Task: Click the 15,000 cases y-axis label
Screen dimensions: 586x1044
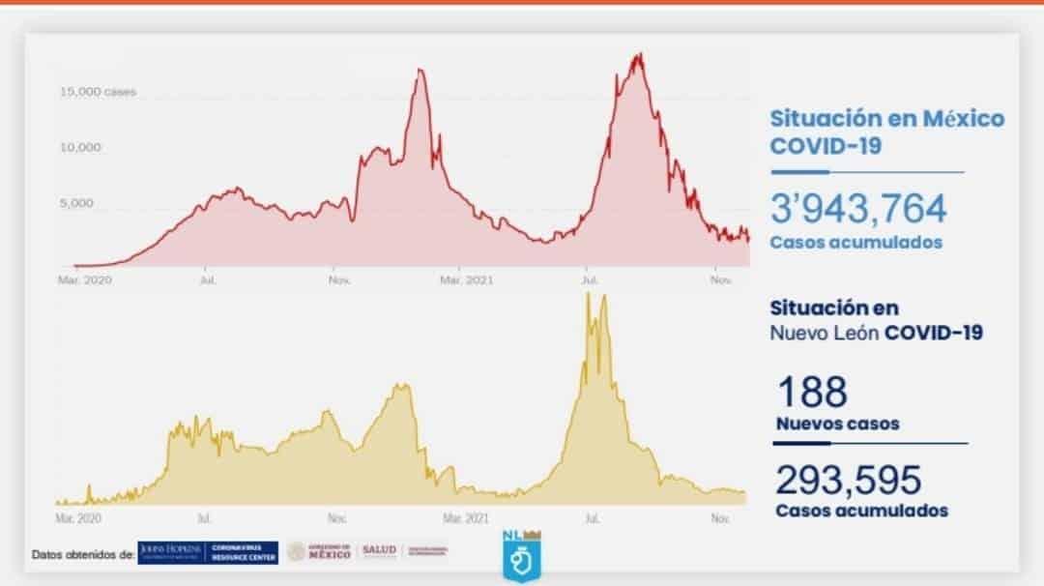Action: [98, 92]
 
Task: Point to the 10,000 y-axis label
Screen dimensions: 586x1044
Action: [81, 148]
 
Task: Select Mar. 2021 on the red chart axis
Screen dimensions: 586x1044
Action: [467, 280]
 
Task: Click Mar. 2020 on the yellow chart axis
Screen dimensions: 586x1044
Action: [78, 518]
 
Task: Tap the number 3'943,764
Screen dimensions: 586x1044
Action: [858, 209]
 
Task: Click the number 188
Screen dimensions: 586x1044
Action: [812, 393]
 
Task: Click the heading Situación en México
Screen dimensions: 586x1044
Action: [886, 119]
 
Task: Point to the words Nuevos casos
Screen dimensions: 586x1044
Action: [837, 424]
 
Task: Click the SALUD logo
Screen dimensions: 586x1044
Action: [378, 551]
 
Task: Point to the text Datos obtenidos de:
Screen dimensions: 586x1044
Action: [82, 555]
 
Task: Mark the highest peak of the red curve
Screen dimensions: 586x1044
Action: [638, 54]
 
